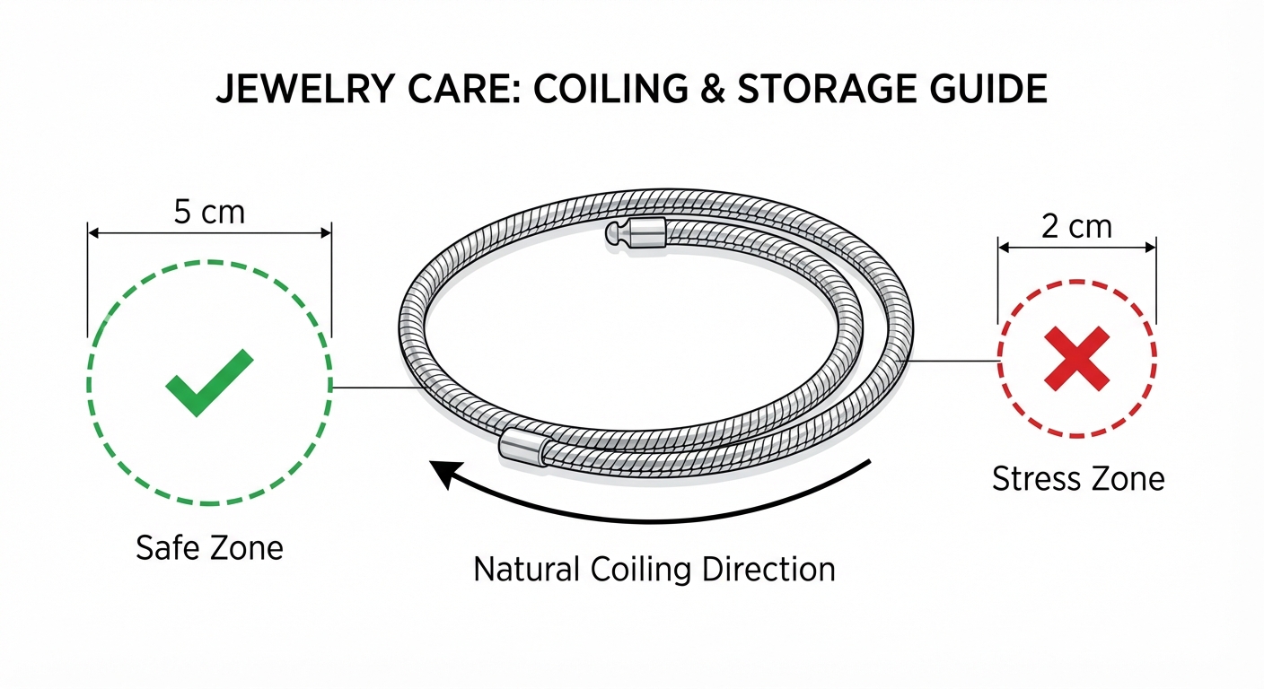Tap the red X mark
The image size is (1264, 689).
click(1077, 359)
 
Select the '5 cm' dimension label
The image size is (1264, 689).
click(208, 213)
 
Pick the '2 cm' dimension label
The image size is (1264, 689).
click(1076, 226)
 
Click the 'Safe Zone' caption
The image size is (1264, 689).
click(209, 547)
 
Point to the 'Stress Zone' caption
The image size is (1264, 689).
click(1077, 479)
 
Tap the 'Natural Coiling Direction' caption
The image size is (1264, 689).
click(654, 569)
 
